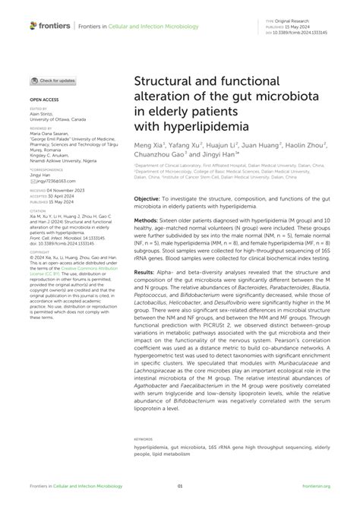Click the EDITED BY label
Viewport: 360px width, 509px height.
[39, 109]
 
